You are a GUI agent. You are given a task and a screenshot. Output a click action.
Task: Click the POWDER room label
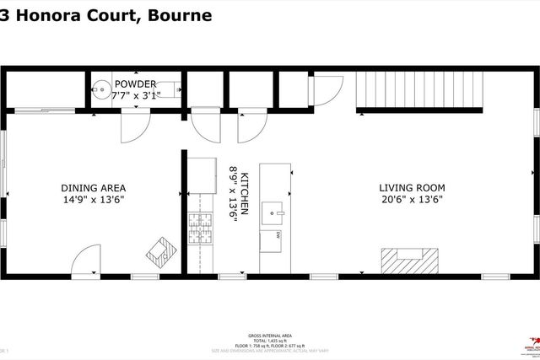click(x=135, y=83)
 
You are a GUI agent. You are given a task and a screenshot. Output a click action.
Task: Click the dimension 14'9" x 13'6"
click(x=93, y=200)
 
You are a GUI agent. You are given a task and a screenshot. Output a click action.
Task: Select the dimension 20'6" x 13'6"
click(x=411, y=200)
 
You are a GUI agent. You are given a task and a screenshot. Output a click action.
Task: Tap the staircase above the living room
click(x=418, y=90)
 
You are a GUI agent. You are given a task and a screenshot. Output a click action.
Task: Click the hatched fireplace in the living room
click(x=409, y=261)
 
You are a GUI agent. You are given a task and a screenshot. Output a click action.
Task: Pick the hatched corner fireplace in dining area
click(x=161, y=250)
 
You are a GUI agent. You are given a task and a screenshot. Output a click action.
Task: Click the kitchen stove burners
click(x=202, y=228)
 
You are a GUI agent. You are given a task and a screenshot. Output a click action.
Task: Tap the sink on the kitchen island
click(x=273, y=209)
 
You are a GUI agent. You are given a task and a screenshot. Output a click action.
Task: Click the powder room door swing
click(x=135, y=126)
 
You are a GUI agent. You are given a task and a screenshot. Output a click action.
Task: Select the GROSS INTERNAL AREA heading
click(x=270, y=335)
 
